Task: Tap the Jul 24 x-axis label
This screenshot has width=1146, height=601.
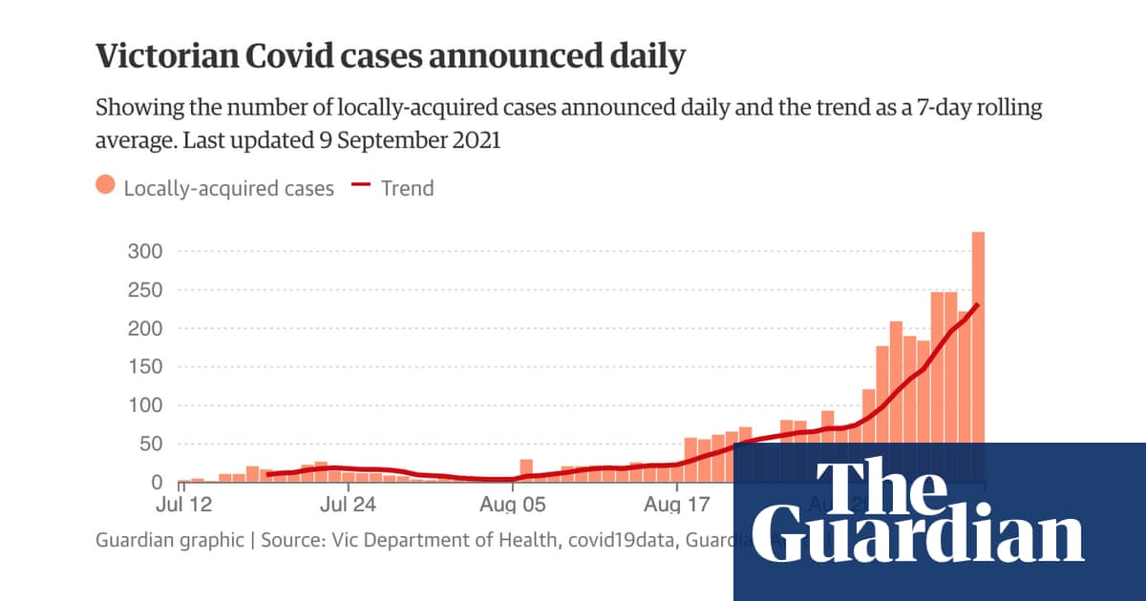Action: pos(346,503)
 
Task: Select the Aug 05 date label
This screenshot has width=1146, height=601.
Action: pos(512,503)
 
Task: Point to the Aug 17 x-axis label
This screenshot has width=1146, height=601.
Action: pos(676,503)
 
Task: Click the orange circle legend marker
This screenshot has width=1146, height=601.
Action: pos(106,187)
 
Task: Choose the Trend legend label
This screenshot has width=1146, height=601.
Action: pos(407,188)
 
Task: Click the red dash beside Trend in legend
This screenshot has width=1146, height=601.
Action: pos(360,187)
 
